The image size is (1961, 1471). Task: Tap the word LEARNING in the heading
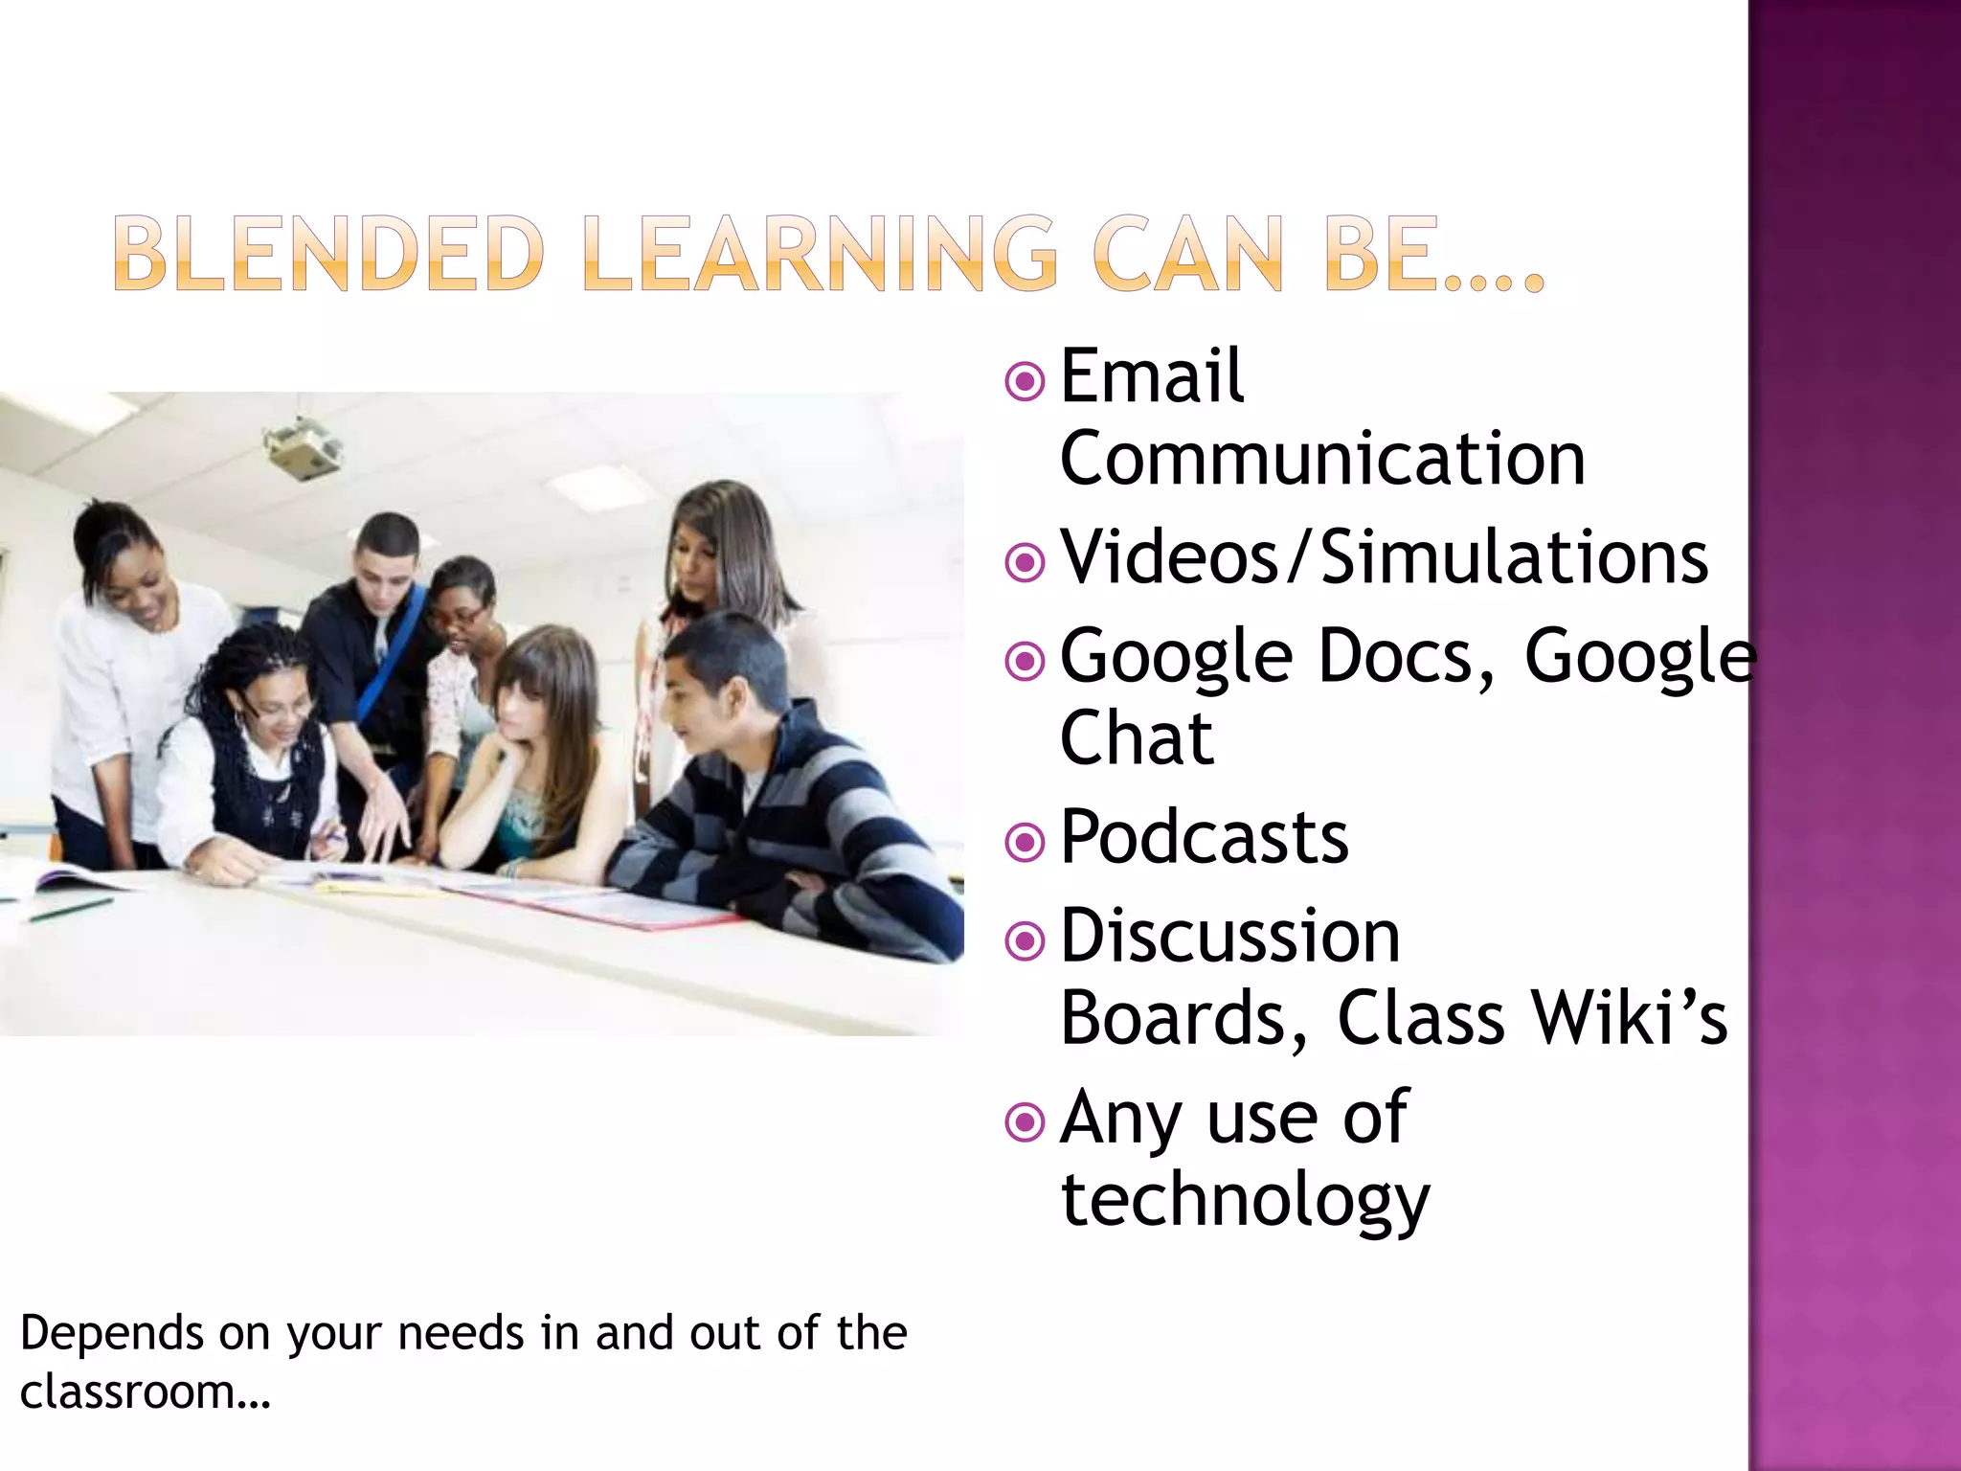tap(821, 254)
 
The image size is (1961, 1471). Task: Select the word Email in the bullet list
tap(1152, 376)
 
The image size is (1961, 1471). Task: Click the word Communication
tap(1322, 460)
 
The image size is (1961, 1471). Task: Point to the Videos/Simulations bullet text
tap(1385, 557)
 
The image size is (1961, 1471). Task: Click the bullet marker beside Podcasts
tap(1026, 842)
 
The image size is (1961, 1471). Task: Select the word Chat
tap(1137, 738)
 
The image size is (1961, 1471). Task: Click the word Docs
tap(1406, 657)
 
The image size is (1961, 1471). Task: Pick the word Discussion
tap(1230, 937)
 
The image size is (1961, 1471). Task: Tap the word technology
tap(1245, 1200)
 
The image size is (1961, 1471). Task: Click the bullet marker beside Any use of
tap(1026, 1120)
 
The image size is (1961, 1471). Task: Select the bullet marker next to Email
tap(1026, 381)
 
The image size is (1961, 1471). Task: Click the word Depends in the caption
tap(112, 1333)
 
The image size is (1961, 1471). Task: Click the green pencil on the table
tap(71, 910)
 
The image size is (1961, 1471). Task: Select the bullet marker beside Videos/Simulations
tap(1026, 562)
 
